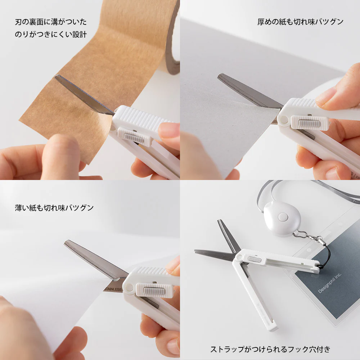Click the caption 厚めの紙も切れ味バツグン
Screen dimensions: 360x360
tap(300, 22)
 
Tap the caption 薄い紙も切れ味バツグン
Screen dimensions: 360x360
tap(54, 208)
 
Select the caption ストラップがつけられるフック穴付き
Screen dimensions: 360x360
tap(270, 349)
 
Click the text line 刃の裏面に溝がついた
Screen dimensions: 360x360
tap(51, 22)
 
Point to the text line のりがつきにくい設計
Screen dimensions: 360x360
tap(51, 35)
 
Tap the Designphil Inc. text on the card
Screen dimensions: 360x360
tap(330, 283)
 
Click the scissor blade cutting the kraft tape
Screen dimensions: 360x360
tap(85, 94)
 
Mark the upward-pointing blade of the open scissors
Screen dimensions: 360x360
tap(226, 234)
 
